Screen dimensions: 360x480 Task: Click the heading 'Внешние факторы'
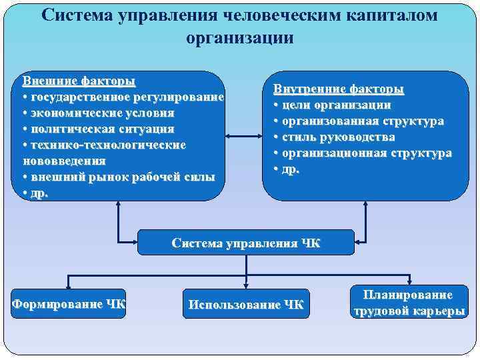(79, 81)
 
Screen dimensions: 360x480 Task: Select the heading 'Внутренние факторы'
(339, 89)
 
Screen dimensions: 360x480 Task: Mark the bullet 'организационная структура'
(363, 153)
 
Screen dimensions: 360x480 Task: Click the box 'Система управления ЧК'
(246, 243)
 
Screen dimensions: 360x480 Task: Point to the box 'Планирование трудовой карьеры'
(407, 303)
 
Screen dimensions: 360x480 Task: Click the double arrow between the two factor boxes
(244, 136)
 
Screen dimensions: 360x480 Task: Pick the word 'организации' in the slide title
(240, 37)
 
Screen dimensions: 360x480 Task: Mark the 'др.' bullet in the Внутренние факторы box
(287, 169)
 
